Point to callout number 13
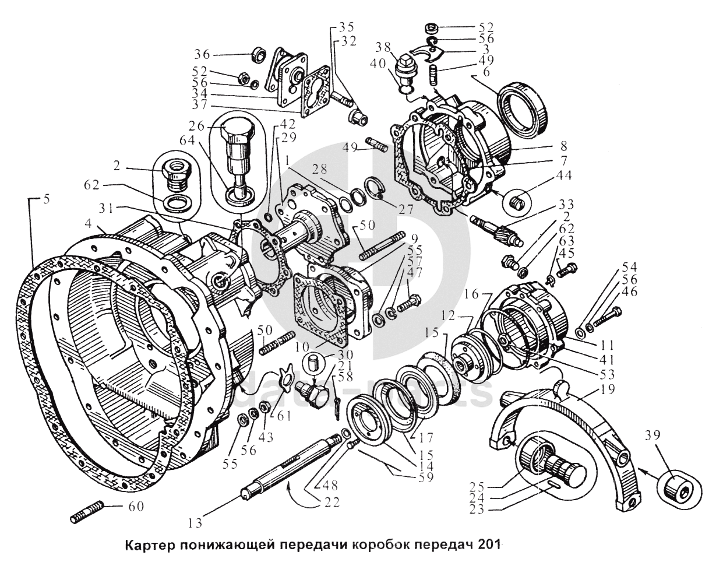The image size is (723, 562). coord(195,523)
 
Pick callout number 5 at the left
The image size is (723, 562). coord(46,199)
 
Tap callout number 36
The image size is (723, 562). coord(203,54)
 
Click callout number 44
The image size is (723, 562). coord(563,175)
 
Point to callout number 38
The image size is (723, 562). coord(383,48)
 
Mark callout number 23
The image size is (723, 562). coord(476,510)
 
